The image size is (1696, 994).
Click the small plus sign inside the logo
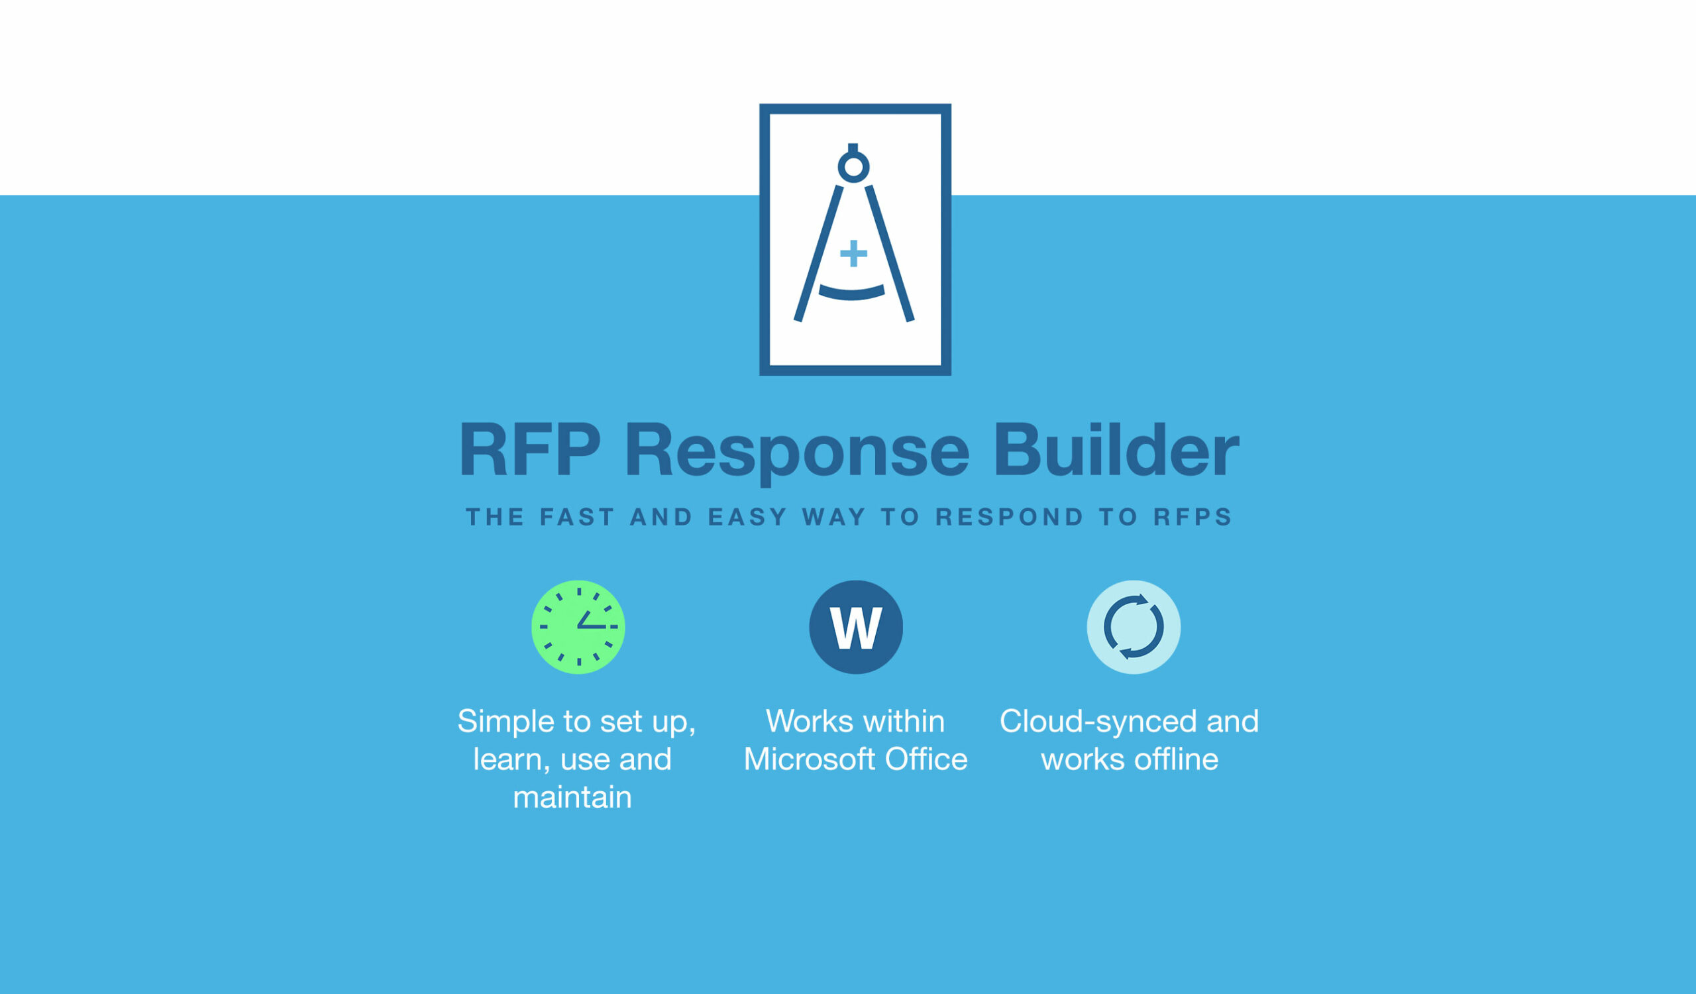(x=853, y=253)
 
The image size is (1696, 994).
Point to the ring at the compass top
(x=853, y=154)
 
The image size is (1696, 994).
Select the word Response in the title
(x=797, y=453)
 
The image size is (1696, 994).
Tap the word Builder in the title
(x=1116, y=449)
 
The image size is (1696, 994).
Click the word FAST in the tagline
(x=577, y=517)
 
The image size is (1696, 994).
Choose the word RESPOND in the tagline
(x=1010, y=517)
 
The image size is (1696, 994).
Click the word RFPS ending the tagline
(x=1192, y=517)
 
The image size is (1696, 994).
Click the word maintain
(x=572, y=797)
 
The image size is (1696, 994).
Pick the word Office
(x=926, y=759)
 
